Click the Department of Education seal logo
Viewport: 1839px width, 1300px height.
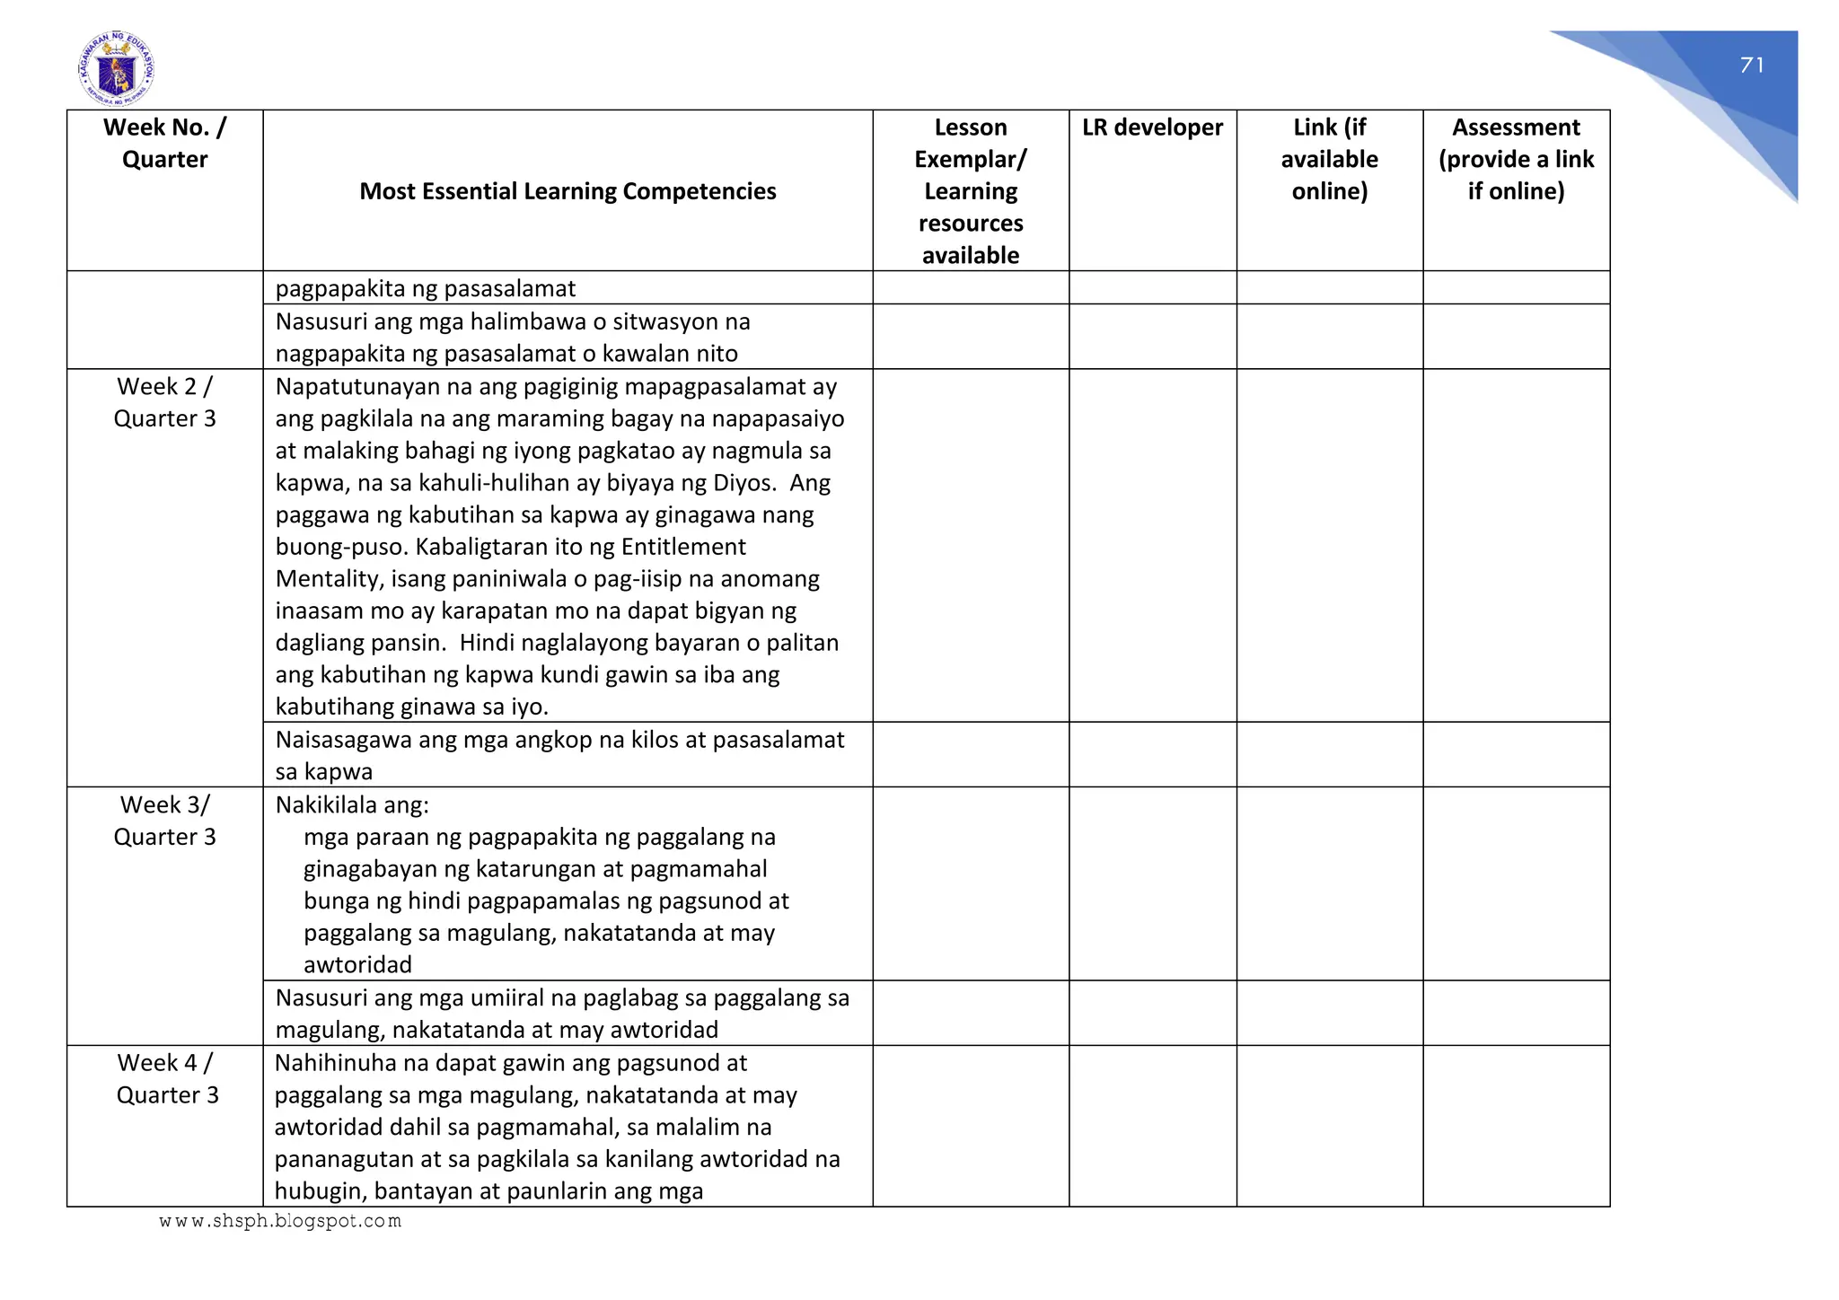click(117, 69)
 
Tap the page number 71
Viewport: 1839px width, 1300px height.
click(1752, 66)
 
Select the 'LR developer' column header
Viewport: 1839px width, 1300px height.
click(1152, 127)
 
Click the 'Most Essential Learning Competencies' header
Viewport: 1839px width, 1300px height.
click(568, 191)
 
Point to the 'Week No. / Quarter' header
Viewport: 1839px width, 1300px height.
click(165, 144)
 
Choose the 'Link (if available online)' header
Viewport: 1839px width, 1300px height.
click(1329, 159)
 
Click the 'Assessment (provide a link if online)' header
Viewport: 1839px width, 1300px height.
click(1516, 159)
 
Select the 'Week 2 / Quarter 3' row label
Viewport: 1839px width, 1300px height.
click(165, 402)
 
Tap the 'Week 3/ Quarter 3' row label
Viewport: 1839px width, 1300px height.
click(165, 821)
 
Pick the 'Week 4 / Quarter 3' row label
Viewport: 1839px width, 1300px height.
click(167, 1078)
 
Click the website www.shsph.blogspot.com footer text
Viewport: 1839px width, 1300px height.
click(280, 1221)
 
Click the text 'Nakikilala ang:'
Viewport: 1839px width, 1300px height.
click(352, 804)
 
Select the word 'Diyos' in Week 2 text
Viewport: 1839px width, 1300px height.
click(743, 483)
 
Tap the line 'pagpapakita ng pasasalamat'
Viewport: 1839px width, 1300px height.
click(426, 288)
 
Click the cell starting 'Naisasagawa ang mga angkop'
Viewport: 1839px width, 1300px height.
click(559, 755)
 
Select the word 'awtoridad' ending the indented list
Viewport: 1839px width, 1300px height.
click(357, 965)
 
